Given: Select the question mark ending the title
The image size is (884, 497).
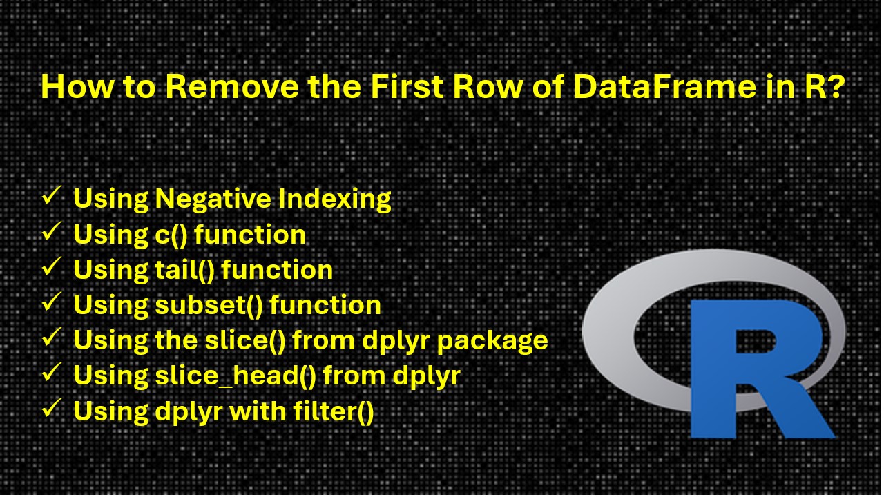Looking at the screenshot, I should coord(834,88).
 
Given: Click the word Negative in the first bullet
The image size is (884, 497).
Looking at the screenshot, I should coord(213,199).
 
